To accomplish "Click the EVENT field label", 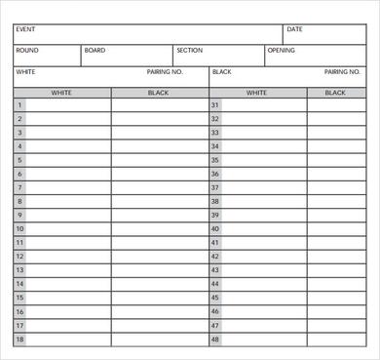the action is [25, 30].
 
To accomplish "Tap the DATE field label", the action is [295, 30].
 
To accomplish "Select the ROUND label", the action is [27, 50].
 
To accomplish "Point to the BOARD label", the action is [95, 50].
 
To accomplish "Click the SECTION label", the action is [189, 50].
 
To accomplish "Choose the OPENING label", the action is [282, 50].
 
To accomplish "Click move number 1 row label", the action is [19, 105].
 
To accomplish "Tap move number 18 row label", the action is [19, 340].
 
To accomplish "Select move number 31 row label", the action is [215, 105].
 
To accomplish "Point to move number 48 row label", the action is [215, 340].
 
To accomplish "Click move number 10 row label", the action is [19, 229].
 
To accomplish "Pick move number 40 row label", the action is [215, 229].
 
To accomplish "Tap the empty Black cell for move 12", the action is [159, 257].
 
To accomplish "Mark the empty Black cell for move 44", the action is [336, 284].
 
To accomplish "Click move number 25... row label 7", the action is [19, 188].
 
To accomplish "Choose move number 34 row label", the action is [215, 146].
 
